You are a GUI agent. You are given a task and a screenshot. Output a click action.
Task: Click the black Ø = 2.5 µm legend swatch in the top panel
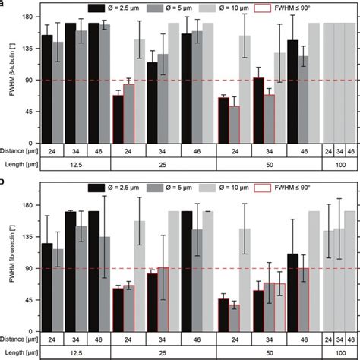97,8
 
